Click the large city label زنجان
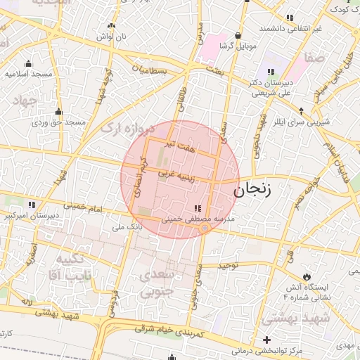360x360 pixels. (x=257, y=190)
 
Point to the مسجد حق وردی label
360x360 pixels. (x=59, y=123)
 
